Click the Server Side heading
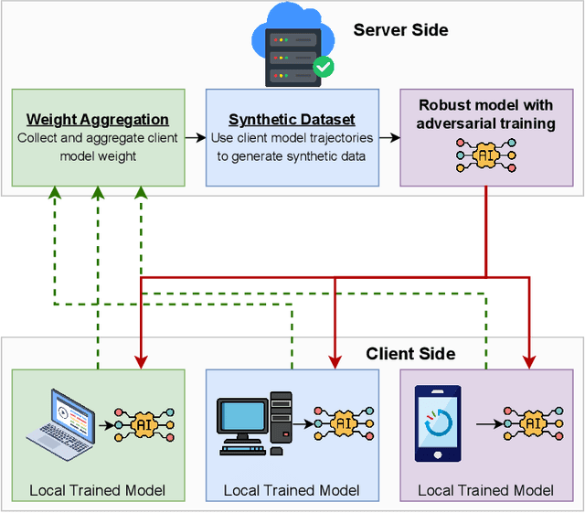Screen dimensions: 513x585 tap(400, 30)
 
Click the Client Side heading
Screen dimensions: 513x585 tap(410, 353)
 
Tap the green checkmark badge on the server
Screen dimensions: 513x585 tap(323, 66)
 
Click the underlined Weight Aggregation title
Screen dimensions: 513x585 tap(97, 120)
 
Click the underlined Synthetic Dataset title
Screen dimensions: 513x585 tap(292, 120)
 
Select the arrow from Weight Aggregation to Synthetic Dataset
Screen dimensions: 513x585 tap(195, 138)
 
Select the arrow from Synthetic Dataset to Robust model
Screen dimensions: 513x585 tap(389, 138)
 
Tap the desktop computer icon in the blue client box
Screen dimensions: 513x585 tap(254, 423)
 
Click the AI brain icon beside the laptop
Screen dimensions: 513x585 tap(142, 425)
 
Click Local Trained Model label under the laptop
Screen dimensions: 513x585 tap(97, 490)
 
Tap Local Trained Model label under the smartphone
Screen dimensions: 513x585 tap(485, 490)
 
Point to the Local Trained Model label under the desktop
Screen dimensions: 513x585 tap(292, 490)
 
